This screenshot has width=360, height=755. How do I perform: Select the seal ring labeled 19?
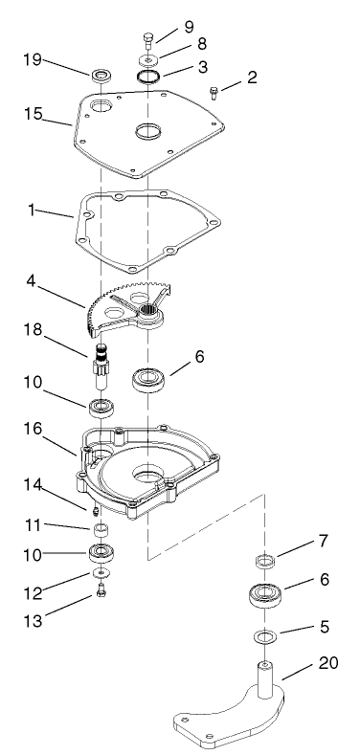pos(100,75)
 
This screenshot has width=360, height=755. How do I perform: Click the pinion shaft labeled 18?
pos(101,364)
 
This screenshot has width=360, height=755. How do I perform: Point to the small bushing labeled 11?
pos(101,529)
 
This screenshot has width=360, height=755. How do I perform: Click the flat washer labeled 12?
pos(101,573)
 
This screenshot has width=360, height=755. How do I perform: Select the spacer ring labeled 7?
pos(266,562)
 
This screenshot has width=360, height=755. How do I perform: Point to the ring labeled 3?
pos(148,77)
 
